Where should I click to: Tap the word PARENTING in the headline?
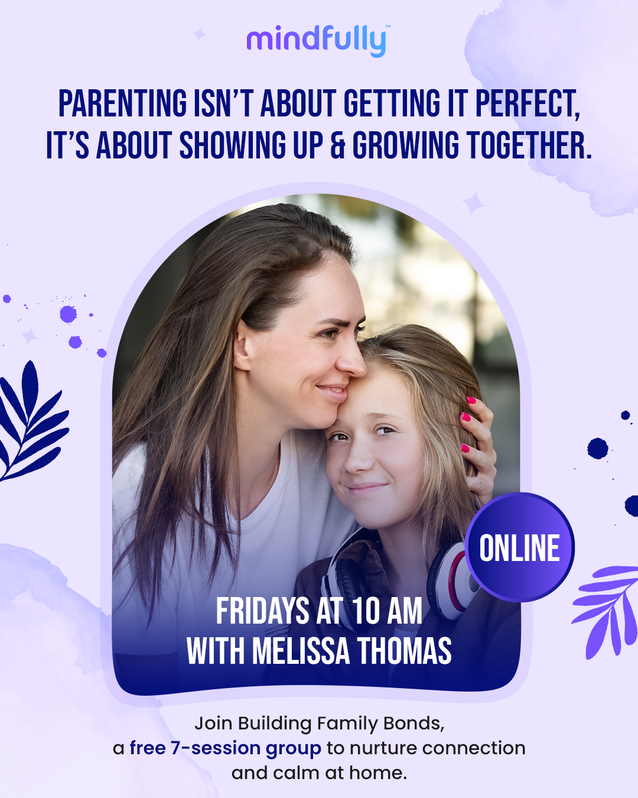123,103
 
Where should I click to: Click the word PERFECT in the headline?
528,103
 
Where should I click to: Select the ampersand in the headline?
337,145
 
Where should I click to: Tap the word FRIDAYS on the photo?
262,611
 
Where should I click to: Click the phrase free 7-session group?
226,748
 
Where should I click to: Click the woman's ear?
243,346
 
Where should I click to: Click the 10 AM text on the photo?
387,611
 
